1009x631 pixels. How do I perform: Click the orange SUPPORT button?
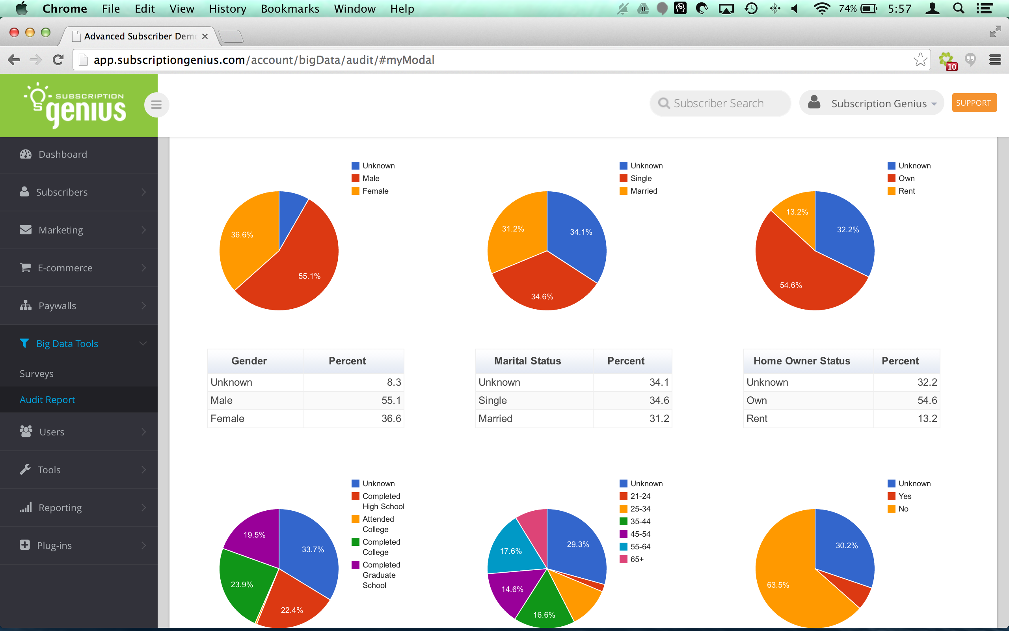(974, 103)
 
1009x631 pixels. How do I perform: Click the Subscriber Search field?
(720, 103)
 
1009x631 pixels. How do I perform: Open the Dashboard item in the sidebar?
(63, 155)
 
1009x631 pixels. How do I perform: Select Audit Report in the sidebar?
(48, 400)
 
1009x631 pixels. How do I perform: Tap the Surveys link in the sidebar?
(37, 373)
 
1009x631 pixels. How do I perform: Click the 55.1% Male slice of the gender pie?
(300, 267)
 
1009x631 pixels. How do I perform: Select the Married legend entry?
(639, 191)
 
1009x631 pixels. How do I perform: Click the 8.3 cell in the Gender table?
(354, 382)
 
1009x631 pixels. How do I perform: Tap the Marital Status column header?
(527, 361)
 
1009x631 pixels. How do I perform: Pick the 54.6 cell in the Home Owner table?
(907, 400)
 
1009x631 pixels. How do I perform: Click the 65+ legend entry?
(632, 559)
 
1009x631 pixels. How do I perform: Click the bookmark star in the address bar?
(920, 60)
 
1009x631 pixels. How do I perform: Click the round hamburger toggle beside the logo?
(156, 105)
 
